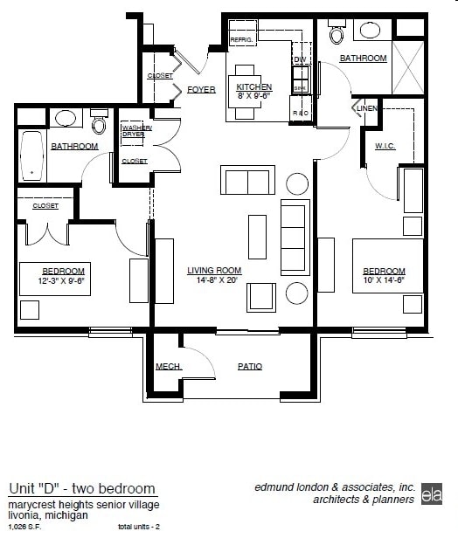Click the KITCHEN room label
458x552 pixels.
pyautogui.click(x=253, y=87)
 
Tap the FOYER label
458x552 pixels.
pyautogui.click(x=201, y=89)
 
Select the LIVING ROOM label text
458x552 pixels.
pyautogui.click(x=213, y=271)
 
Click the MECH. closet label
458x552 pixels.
pyautogui.click(x=168, y=367)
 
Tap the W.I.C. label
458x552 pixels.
pyautogui.click(x=385, y=146)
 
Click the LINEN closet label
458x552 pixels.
pyautogui.click(x=367, y=108)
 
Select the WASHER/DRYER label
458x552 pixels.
pyautogui.click(x=136, y=131)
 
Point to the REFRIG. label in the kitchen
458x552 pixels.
pyautogui.click(x=240, y=40)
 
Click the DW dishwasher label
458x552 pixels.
pyautogui.click(x=299, y=59)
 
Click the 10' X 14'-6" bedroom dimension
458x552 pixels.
pyautogui.click(x=385, y=281)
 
